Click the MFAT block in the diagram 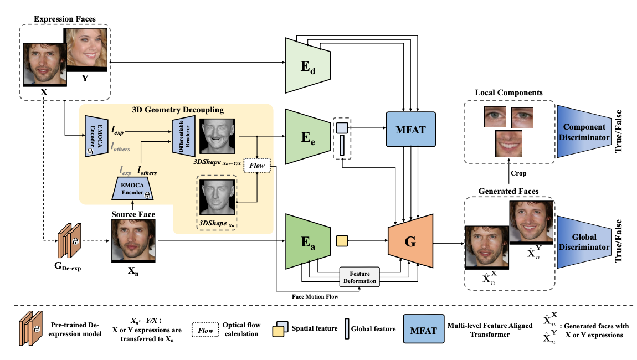tap(410, 128)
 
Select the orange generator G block tap(410, 243)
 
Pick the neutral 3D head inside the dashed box tap(217, 198)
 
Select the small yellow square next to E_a tap(342, 241)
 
